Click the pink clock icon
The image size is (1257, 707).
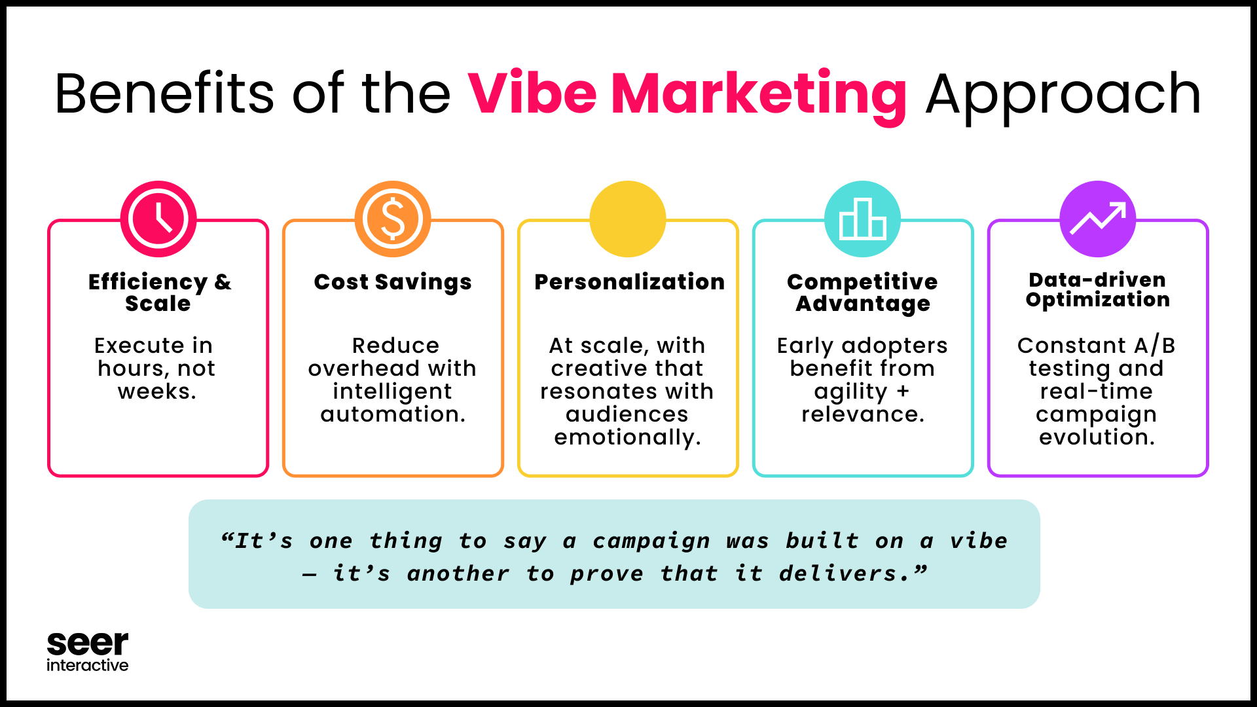tap(158, 219)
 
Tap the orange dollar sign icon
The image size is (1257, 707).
tap(393, 219)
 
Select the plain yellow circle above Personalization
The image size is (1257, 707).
tap(628, 219)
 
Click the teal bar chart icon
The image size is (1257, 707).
tap(863, 219)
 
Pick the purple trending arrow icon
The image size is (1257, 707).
tap(1098, 219)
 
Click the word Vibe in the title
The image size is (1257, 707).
tap(532, 94)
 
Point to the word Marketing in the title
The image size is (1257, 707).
tap(759, 96)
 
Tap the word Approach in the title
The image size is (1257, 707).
tap(1063, 97)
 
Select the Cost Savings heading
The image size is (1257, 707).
tap(393, 282)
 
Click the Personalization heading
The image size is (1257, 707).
tap(630, 281)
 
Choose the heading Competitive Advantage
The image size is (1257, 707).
tap(863, 293)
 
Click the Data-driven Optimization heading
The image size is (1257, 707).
tap(1098, 289)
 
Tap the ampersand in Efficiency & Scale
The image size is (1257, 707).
tap(223, 282)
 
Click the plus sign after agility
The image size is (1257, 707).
tap(903, 391)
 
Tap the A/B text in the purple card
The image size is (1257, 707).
tap(1155, 345)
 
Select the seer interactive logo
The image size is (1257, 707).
tap(88, 652)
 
